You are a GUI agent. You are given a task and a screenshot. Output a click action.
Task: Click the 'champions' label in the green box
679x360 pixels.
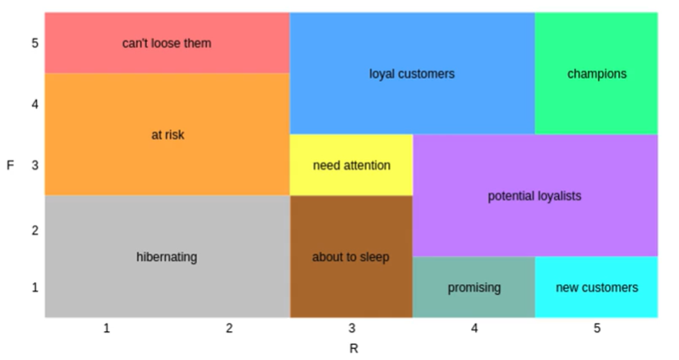coord(597,74)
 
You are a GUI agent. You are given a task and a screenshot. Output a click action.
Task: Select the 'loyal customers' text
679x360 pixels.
coord(412,74)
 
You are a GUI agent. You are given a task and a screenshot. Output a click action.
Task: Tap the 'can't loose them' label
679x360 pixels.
coord(167,42)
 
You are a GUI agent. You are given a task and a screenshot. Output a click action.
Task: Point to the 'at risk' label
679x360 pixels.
coord(167,134)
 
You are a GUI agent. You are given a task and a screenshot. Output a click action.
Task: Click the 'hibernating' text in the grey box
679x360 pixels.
coord(167,257)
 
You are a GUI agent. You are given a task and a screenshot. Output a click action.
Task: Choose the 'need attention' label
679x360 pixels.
coord(351,165)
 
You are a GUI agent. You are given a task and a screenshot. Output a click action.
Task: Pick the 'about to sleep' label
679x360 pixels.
coord(351,257)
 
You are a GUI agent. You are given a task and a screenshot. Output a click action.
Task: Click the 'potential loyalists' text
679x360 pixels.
coord(534,196)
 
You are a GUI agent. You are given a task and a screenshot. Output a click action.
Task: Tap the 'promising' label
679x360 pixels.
coord(474,287)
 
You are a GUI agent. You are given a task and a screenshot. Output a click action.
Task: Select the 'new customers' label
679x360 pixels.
coord(597,287)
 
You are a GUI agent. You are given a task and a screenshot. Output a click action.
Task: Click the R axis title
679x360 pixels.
coord(353,347)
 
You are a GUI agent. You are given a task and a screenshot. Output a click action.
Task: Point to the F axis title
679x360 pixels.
coord(10,165)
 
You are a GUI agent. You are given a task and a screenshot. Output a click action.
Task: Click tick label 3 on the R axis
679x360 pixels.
coord(352,328)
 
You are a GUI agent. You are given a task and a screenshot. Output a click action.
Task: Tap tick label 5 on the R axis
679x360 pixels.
coord(597,328)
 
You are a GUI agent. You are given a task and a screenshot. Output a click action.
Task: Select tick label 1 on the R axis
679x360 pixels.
coord(107,328)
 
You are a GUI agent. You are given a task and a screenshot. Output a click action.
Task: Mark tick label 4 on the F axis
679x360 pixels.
coord(36,105)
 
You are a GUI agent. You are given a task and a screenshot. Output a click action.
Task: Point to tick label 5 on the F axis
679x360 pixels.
coord(36,43)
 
